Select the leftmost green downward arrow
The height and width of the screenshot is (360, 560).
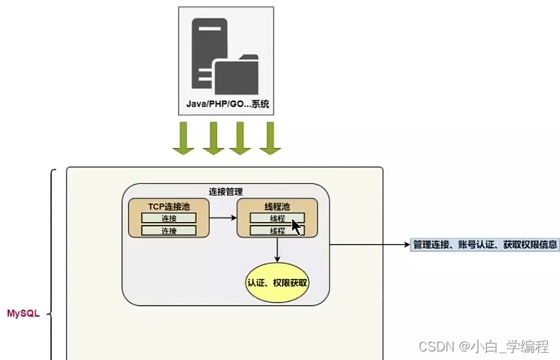point(183,138)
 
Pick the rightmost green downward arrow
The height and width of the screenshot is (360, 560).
point(270,138)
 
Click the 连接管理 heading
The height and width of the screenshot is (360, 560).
point(225,192)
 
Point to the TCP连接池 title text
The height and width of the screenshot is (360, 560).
point(169,206)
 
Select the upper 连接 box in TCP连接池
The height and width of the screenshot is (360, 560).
point(169,218)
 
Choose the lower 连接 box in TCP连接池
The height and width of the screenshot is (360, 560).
point(169,231)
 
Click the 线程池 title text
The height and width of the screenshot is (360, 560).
point(276,206)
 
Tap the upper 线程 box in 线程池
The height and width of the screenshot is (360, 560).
point(276,218)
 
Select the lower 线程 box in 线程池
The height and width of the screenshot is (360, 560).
point(276,231)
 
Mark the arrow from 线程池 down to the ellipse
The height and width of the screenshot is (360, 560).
point(277,249)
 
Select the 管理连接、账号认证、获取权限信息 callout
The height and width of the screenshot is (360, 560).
point(485,244)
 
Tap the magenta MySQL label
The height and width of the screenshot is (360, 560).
point(23,314)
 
